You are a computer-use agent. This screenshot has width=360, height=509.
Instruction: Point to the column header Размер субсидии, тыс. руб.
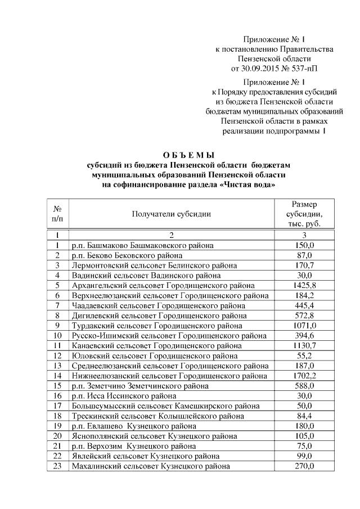coord(305,214)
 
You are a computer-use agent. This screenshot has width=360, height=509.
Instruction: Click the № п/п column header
coord(57,214)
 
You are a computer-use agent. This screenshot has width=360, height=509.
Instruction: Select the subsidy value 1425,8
coord(305,286)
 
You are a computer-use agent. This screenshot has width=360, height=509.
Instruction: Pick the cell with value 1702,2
coord(305,376)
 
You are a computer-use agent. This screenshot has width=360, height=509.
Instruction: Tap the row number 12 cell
coord(57,356)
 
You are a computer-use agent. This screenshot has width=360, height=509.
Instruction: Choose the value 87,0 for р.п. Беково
coord(305,256)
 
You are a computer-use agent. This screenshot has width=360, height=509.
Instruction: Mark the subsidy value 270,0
coord(305,466)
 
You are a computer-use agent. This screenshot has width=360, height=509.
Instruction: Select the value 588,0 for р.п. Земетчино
coord(305,386)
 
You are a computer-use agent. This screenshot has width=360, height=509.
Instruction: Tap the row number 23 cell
coord(57,466)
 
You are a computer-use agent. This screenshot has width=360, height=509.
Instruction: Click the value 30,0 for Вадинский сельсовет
coord(305,276)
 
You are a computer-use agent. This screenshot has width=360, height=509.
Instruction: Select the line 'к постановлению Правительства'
coord(274,49)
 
